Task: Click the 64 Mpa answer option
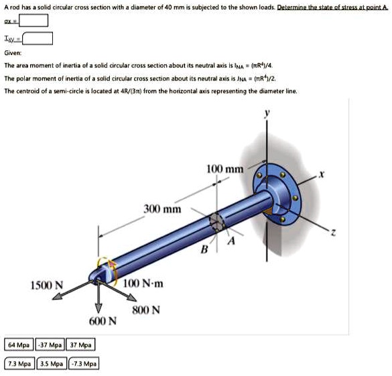coord(19,345)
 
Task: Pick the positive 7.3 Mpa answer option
coord(19,364)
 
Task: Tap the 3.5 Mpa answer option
coord(52,364)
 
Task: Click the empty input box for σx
coord(34,20)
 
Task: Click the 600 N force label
coord(103,321)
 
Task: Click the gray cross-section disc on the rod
coord(216,222)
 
